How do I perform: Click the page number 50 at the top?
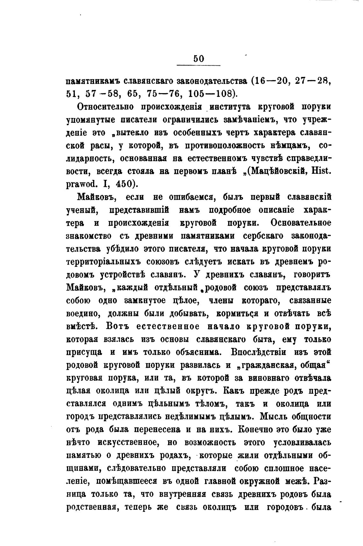coord(198,59)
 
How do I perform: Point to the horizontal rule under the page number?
coord(198,66)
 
